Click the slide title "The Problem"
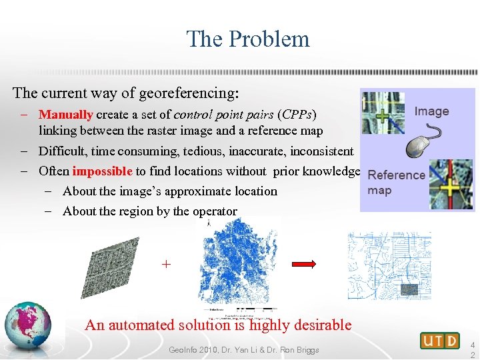coord(248,39)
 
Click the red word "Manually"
coord(65,115)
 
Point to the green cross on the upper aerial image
coord(383,115)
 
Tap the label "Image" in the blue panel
coord(431,111)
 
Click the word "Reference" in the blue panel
coord(396,175)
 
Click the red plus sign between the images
coord(166,265)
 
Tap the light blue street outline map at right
coord(389,265)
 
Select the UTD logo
coord(439,341)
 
